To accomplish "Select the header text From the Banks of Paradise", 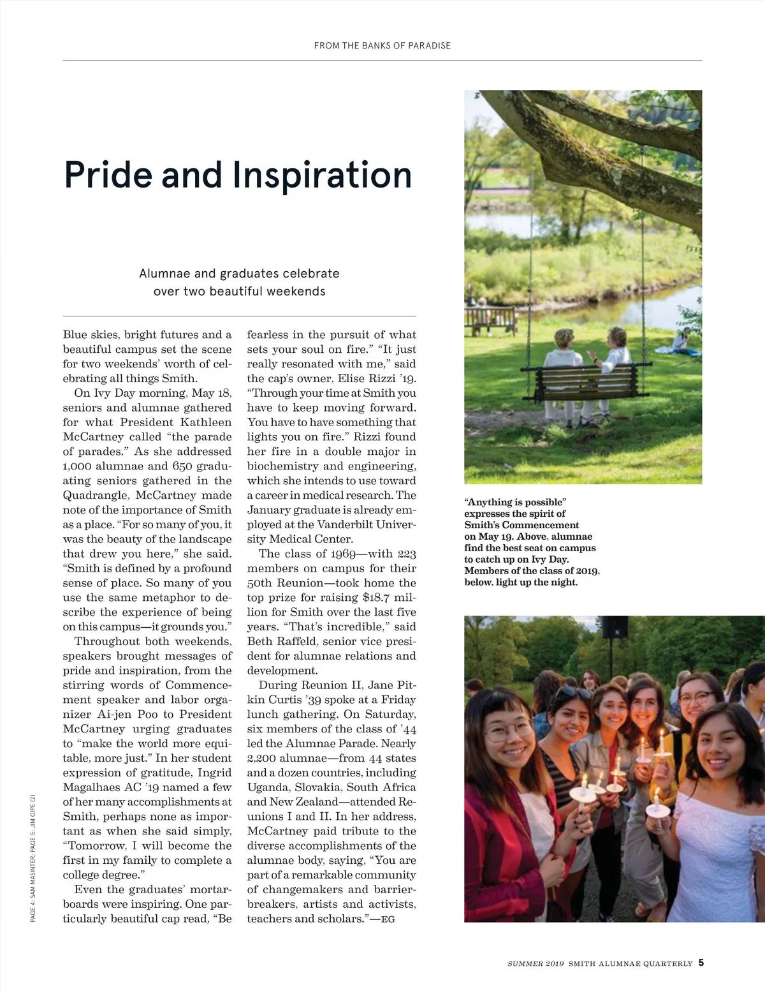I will (x=382, y=46).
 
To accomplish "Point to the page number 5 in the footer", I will (x=701, y=963).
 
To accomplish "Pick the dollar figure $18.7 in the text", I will (x=376, y=598).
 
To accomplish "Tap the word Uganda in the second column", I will (x=268, y=787).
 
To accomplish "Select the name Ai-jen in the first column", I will (x=114, y=715).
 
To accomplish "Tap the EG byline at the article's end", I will (x=388, y=919).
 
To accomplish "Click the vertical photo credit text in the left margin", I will (x=33, y=857).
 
